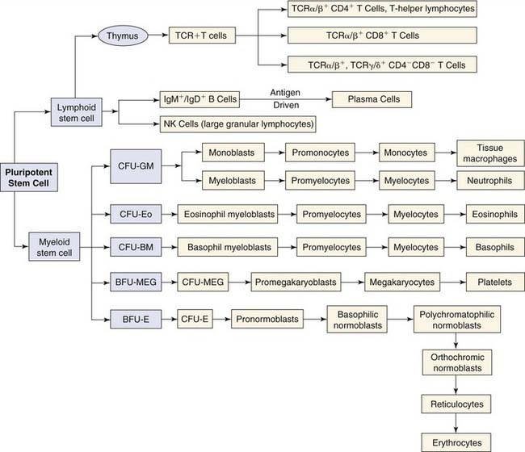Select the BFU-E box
click(133, 319)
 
